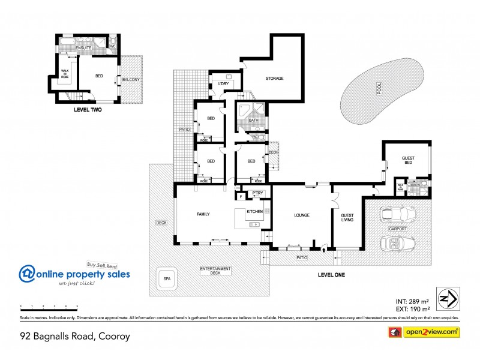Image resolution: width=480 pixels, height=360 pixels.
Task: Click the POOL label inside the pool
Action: [379, 89]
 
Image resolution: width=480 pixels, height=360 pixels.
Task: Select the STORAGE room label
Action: [275, 79]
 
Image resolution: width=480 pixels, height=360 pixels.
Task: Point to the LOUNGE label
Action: [301, 214]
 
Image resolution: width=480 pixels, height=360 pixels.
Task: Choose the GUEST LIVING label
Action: [347, 217]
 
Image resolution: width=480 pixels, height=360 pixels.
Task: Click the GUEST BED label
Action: [408, 160]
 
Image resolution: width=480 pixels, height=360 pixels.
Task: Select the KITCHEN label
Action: [254, 212]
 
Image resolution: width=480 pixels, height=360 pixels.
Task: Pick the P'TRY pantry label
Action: [257, 193]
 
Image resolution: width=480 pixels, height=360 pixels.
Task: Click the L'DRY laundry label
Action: [223, 83]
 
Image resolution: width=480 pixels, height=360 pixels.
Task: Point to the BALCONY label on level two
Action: [130, 79]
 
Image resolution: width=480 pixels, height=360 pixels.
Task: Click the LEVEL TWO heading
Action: [85, 110]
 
